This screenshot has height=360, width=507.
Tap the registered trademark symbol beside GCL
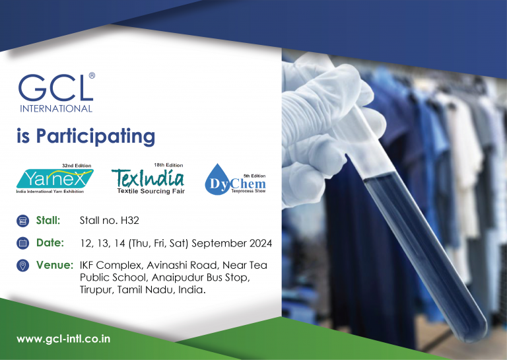coord(91,76)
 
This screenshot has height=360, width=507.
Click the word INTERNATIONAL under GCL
coord(56,108)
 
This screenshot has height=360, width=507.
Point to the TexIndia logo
coord(148,177)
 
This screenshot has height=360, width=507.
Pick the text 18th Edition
coord(169,163)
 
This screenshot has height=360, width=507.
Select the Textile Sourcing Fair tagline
coord(151,191)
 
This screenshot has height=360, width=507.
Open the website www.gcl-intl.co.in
coord(63,339)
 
